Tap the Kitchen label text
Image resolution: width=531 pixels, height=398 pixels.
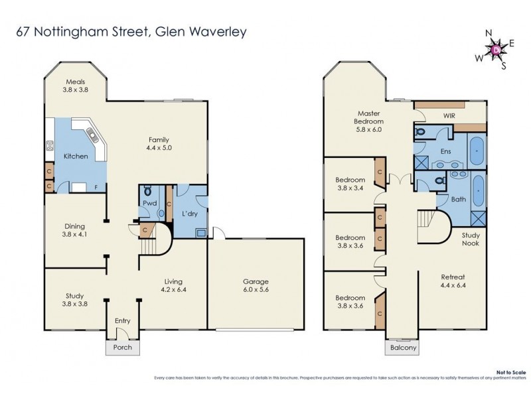coord(75,156)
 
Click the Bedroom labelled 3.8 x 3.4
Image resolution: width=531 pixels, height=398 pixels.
coord(349,184)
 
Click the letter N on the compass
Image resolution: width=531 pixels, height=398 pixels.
coord(488,33)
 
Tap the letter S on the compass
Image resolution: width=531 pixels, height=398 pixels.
coord(504,65)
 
